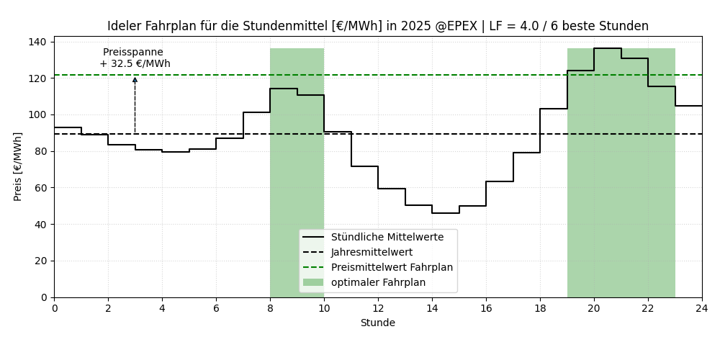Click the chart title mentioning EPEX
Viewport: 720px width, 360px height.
[377, 27]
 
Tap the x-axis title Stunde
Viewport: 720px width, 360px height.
[377, 323]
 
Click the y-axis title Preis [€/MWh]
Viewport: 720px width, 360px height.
[18, 166]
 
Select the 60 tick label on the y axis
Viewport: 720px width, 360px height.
[40, 188]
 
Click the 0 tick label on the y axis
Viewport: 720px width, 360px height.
[44, 297]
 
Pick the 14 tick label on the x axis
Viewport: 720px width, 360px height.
[432, 309]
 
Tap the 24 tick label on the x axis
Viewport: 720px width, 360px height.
[701, 309]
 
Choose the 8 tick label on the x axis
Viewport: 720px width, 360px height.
[270, 309]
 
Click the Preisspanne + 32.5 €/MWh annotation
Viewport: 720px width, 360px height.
[135, 58]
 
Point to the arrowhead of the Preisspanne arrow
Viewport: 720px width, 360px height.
[135, 79]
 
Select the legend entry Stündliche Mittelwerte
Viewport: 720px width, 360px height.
[381, 237]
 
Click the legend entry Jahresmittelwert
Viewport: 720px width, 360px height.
[372, 252]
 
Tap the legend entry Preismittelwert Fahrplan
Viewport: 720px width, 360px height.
[392, 267]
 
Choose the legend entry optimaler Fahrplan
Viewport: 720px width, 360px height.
[378, 282]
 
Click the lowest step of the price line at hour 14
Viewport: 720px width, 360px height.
[446, 213]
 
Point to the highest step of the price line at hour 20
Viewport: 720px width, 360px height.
[608, 48]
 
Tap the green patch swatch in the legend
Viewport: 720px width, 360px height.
[313, 282]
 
